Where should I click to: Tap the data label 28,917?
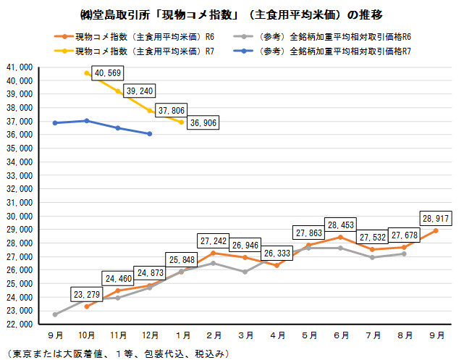[x=436, y=217]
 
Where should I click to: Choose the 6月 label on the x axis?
[x=340, y=336]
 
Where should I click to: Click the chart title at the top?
[x=232, y=14]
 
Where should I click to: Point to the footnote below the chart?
[x=116, y=353]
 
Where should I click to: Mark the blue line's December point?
[x=149, y=134]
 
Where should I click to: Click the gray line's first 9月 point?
[x=56, y=314]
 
